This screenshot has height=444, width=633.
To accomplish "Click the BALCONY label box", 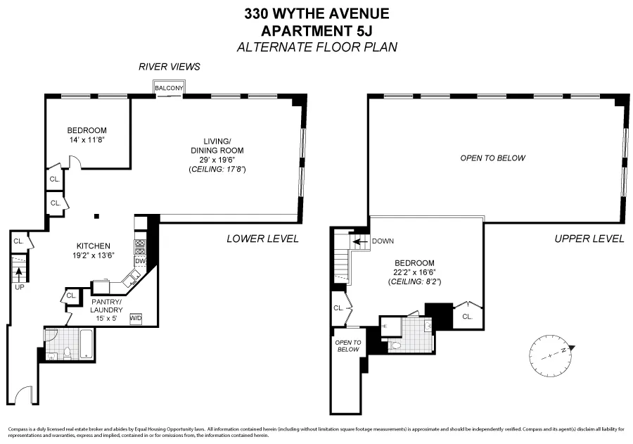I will (x=170, y=88).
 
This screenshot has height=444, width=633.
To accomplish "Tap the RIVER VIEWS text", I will (x=170, y=67).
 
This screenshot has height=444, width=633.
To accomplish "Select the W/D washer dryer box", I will (x=136, y=317).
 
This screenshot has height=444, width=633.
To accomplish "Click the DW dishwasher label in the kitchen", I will (x=139, y=261).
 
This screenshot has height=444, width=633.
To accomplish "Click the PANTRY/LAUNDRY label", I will (x=107, y=305).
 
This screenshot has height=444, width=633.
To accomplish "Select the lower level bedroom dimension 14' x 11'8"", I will (x=87, y=141).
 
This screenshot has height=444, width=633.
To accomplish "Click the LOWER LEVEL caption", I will (x=262, y=239).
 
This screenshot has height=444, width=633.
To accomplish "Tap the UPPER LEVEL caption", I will (x=589, y=239).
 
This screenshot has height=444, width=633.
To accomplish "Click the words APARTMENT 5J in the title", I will (x=316, y=30).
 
